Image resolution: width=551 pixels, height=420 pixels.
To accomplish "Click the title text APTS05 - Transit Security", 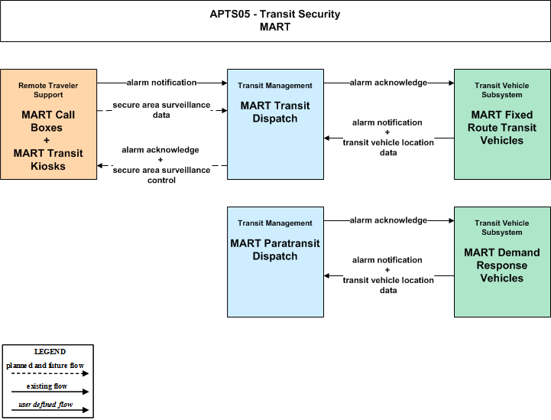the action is (275, 14).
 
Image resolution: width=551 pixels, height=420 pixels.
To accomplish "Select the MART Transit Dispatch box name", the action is (275, 112).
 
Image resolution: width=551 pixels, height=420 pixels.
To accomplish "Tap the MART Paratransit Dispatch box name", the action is (275, 249).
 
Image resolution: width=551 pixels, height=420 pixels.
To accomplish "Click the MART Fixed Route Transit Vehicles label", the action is (502, 128).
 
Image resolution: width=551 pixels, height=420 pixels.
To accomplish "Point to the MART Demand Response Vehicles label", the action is (502, 265).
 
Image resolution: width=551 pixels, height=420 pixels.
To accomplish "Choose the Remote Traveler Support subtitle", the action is (48, 90).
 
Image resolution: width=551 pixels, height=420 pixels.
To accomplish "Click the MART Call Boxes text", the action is (48, 121).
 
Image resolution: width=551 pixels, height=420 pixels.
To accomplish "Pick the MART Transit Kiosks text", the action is (48, 159).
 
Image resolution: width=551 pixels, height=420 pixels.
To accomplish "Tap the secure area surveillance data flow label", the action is (161, 109).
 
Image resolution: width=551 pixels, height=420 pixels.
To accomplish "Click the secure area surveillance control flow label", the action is (161, 175).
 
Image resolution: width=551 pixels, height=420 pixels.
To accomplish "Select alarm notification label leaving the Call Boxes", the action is (162, 83).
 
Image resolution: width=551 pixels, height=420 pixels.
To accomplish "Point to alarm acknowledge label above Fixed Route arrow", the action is (388, 83).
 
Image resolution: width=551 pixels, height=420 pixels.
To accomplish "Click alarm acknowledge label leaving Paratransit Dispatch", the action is (388, 220).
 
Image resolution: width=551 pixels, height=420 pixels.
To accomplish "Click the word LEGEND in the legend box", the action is (50, 352).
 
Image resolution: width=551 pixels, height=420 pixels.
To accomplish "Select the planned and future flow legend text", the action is (45, 366).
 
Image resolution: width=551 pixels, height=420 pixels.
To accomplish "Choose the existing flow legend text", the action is (47, 386).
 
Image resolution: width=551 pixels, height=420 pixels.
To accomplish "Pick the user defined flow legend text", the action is (45, 405).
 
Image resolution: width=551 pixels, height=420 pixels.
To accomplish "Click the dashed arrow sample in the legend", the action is (50, 373).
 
